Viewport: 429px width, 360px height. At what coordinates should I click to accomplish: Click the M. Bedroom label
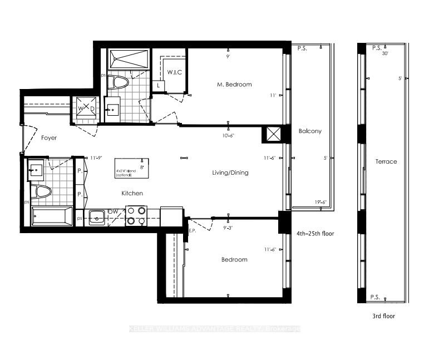(x=234, y=85)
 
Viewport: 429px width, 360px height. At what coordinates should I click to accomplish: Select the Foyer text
(x=51, y=137)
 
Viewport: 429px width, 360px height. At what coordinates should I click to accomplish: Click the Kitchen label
(x=133, y=193)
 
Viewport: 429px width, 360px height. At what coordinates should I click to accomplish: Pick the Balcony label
(x=310, y=131)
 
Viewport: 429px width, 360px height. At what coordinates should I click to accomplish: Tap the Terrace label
(x=386, y=161)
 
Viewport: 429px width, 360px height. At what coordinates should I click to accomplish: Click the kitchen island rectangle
(x=132, y=169)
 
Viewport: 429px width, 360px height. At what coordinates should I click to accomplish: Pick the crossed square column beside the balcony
(x=273, y=135)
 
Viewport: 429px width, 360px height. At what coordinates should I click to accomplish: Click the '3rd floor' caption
(x=383, y=315)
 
